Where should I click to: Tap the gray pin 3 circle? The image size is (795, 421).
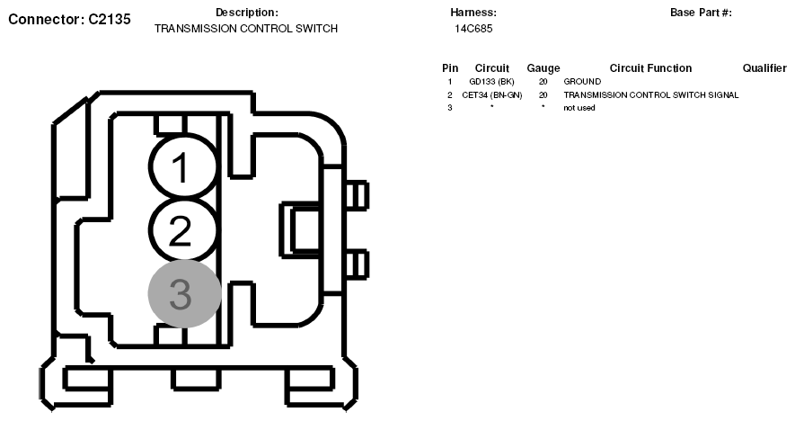(x=183, y=294)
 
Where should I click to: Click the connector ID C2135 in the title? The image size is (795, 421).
(x=110, y=18)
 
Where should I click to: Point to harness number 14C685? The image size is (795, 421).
(x=473, y=29)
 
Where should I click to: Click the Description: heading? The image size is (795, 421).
(x=247, y=13)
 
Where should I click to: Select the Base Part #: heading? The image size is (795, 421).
(x=701, y=13)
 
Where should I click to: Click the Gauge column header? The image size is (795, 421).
(x=543, y=68)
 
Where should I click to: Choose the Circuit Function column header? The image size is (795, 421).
(x=650, y=68)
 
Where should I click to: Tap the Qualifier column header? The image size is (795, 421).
(x=764, y=68)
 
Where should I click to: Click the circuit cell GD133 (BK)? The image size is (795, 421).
(x=491, y=82)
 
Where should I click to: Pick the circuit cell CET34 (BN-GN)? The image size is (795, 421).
(x=491, y=94)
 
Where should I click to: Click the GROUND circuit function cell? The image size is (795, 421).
(x=582, y=82)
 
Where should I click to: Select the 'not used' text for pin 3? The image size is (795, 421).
(x=579, y=108)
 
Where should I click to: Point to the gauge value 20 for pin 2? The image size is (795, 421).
(x=543, y=94)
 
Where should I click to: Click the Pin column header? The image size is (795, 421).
(x=450, y=68)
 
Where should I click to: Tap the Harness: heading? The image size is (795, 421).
(x=473, y=13)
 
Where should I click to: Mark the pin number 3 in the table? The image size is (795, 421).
(x=450, y=108)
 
